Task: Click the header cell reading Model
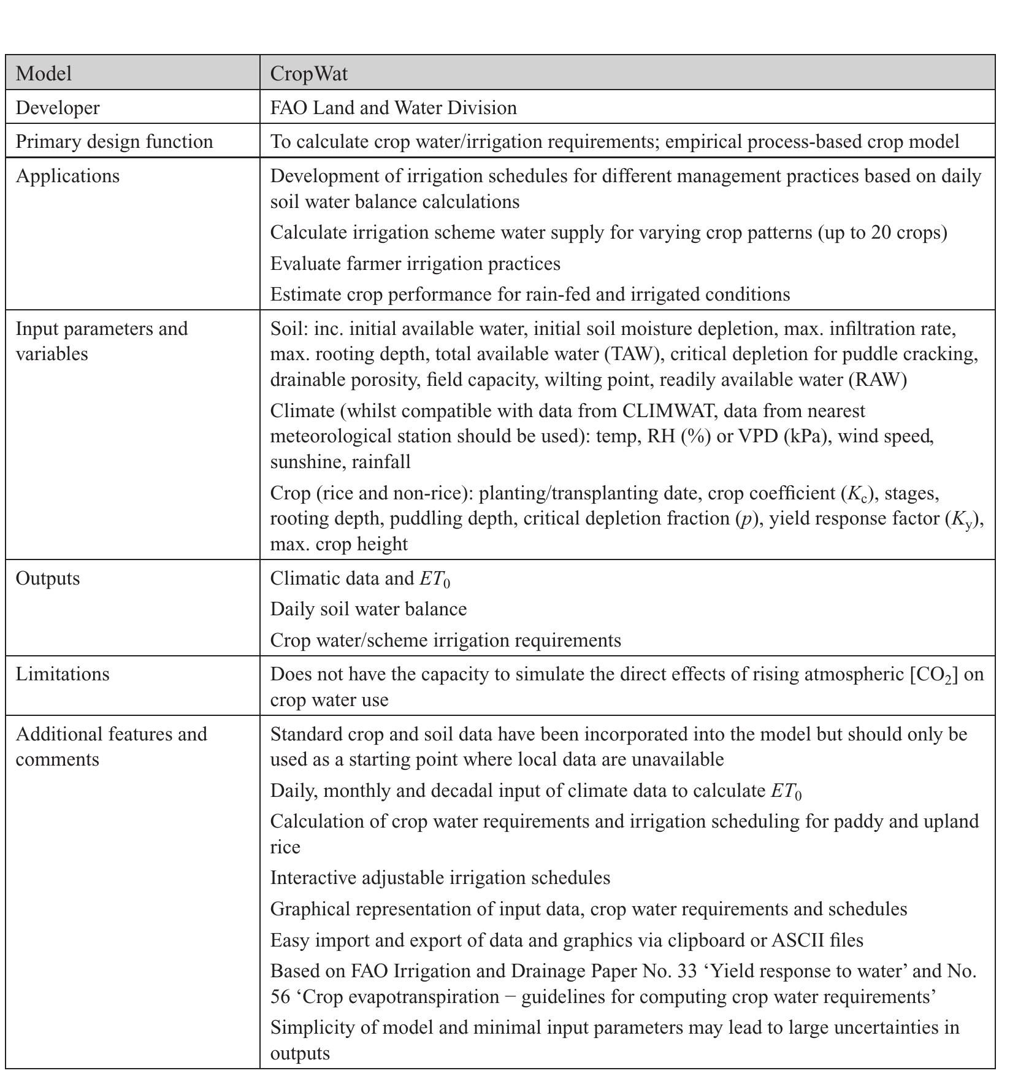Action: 44,74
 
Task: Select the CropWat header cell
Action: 308,74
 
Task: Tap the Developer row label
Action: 57,108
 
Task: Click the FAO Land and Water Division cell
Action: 393,108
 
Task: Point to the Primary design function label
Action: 114,142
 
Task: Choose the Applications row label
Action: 67,176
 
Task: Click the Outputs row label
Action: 47,579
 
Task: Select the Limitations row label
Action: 62,674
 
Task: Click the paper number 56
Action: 280,997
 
